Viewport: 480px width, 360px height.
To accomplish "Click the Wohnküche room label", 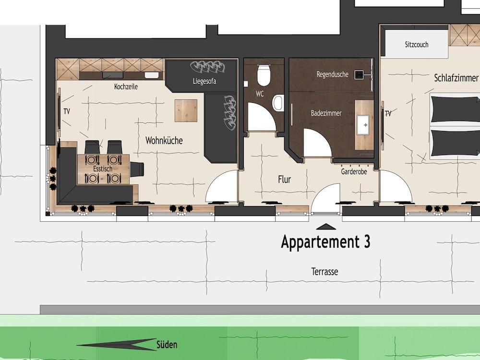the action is pos(164,141).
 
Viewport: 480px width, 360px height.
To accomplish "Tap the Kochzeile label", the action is pos(126,86).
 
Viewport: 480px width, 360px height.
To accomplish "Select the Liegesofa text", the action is pos(204,81).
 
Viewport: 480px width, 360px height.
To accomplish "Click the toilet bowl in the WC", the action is pos(264,75).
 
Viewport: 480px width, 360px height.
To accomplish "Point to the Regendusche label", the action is pos(333,74).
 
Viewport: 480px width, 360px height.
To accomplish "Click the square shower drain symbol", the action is pos(359,74).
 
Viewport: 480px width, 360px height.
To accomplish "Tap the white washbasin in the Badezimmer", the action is pos(363,125).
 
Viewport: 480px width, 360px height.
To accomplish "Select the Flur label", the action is pos(284,180).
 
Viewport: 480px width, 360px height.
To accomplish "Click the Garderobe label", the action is pos(354,172).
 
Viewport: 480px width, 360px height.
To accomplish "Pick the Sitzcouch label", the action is pos(417,45).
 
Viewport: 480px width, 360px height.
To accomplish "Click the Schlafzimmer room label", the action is pos(456,78).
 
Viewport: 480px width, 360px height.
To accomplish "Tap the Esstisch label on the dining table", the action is pos(103,168).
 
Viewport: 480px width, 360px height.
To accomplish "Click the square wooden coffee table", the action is pos(186,110).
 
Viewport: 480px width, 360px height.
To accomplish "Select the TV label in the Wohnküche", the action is pos(67,111).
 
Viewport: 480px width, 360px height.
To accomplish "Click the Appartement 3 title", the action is pos(325,242).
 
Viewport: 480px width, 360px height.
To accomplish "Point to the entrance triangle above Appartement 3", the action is pos(326,227).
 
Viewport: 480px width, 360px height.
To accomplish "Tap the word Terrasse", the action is pos(324,272).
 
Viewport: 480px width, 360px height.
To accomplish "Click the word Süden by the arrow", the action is pos(167,345).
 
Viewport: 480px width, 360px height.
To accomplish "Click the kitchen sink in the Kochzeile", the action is pos(152,75).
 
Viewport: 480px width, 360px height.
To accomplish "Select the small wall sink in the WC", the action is pos(278,103).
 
